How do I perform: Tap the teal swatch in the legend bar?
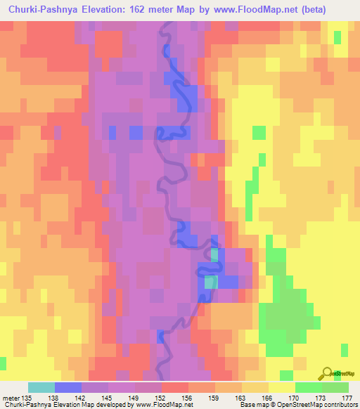41,387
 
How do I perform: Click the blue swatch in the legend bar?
68,387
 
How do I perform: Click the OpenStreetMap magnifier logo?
327,373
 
